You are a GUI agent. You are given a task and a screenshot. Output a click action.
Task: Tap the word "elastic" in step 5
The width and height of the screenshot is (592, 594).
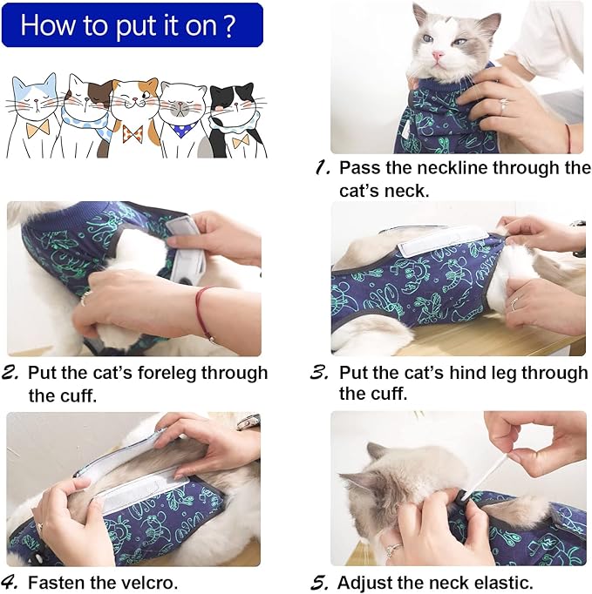tap(500, 581)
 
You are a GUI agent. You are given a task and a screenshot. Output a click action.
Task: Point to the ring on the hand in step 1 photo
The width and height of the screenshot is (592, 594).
tap(503, 105)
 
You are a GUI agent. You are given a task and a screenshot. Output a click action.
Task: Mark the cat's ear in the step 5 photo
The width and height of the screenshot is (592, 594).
tap(377, 453)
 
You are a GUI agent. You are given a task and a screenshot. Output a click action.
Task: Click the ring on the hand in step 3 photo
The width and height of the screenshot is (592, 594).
tap(514, 303)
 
